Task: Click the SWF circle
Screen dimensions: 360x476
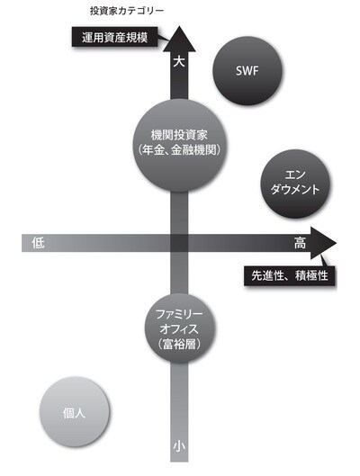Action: point(247,71)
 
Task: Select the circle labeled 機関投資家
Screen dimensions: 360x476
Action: point(180,145)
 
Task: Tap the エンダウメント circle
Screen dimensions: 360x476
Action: point(295,184)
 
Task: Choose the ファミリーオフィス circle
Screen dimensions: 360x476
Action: point(180,328)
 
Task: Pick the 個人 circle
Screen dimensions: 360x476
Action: point(74,412)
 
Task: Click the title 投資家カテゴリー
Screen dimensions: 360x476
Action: point(127,11)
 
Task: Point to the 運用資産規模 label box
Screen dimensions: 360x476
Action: point(115,37)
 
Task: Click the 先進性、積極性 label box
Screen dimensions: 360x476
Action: point(290,275)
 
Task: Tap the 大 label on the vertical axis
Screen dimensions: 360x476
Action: point(179,62)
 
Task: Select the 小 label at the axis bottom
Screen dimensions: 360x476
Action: point(179,446)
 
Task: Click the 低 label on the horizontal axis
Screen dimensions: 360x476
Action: point(38,243)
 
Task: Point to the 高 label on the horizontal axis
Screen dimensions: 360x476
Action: point(300,243)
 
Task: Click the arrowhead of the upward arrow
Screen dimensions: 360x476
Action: point(179,38)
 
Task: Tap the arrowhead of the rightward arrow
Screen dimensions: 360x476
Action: point(323,243)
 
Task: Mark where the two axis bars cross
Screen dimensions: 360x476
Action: point(179,243)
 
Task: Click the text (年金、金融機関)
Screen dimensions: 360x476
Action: point(180,150)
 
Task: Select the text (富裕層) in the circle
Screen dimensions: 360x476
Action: point(180,345)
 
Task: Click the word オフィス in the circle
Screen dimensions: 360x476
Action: point(180,328)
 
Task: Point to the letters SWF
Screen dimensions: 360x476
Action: point(247,71)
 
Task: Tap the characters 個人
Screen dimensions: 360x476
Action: point(74,412)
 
